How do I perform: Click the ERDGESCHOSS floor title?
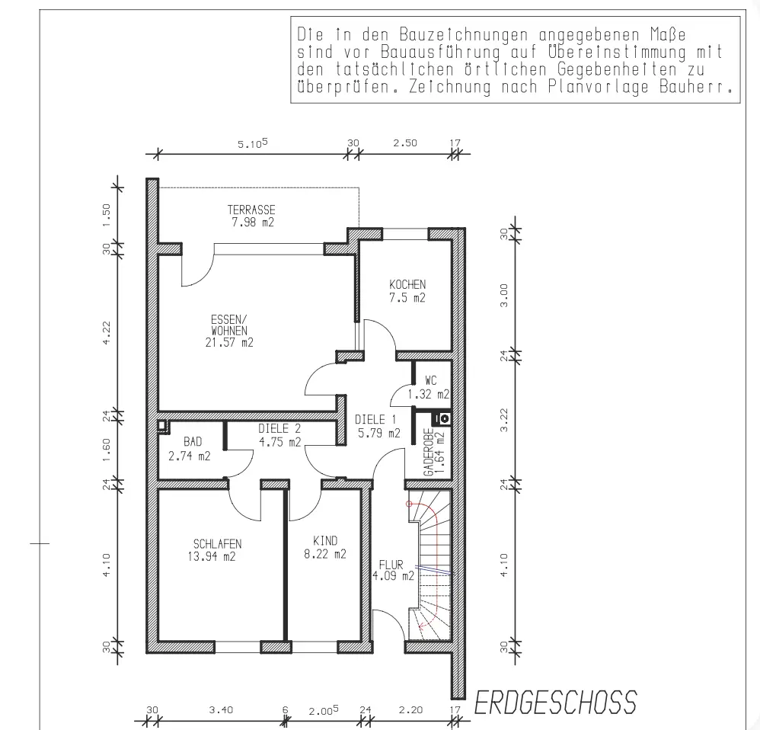pos(555,703)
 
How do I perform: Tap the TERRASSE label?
pos(251,210)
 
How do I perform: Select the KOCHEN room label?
pos(407,284)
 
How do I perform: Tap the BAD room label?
pos(192,442)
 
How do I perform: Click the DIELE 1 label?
pos(377,420)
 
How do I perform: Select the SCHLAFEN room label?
pos(217,543)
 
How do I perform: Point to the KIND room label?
pos(325,541)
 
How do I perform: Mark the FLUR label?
pos(391,565)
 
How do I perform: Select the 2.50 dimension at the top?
pos(404,142)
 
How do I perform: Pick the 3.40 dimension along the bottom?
pos(220,710)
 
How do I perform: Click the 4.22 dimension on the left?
pos(107,331)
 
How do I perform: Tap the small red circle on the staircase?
pos(410,504)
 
